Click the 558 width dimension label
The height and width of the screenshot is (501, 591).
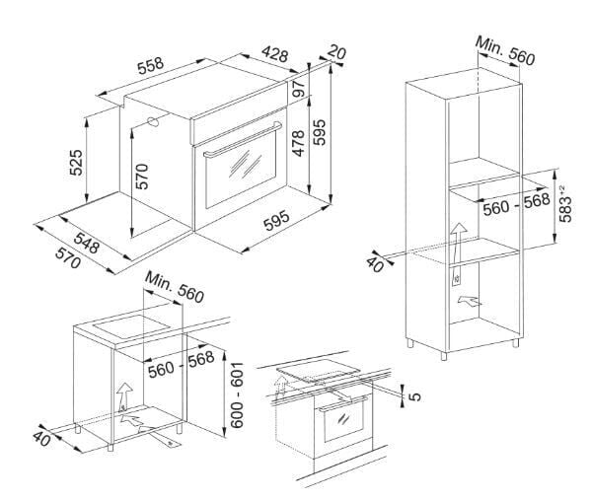150,66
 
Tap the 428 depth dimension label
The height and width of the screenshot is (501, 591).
275,54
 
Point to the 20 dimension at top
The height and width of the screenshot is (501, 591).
336,51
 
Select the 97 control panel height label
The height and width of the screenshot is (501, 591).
300,89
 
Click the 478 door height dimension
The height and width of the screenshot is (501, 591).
298,143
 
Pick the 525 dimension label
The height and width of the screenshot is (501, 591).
76,163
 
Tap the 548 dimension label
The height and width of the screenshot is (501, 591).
87,244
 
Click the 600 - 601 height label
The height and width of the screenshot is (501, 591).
237,395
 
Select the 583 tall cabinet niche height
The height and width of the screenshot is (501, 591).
565,204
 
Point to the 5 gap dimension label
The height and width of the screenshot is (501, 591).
414,396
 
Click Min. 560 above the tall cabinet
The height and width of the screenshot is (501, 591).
505,50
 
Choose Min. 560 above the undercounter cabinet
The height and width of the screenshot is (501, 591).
175,287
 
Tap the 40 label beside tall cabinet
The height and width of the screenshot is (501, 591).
375,265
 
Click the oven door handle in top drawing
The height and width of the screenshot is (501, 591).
243,140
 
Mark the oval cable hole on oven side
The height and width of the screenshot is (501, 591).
153,122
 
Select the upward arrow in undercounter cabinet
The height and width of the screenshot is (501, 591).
124,397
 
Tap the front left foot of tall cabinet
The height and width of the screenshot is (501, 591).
444,356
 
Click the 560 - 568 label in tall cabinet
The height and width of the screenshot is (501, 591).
516,204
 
